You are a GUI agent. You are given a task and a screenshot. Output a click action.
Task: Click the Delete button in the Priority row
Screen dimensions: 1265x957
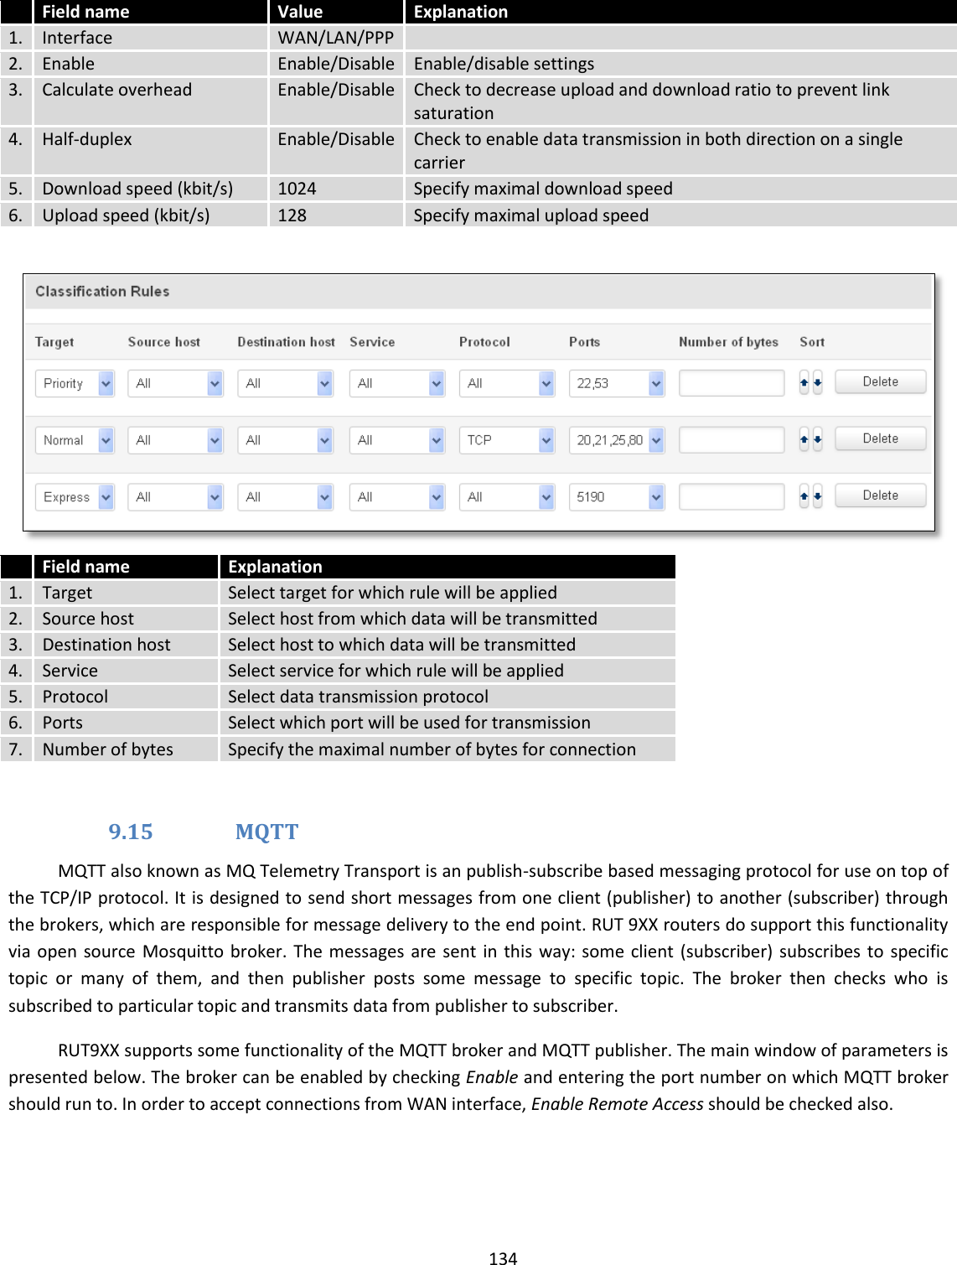click(x=880, y=382)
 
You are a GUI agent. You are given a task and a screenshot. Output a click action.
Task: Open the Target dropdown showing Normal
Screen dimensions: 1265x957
click(x=74, y=440)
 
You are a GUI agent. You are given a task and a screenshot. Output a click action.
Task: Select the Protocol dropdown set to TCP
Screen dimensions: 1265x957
click(x=506, y=440)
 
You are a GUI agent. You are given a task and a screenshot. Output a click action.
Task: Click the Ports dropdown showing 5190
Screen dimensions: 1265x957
click(x=616, y=497)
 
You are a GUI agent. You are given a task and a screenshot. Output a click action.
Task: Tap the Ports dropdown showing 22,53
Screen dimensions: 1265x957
click(x=616, y=383)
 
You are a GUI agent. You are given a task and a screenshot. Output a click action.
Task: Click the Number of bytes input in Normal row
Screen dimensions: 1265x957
click(x=731, y=440)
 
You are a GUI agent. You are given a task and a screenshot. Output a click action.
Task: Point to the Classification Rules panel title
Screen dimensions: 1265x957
click(x=102, y=292)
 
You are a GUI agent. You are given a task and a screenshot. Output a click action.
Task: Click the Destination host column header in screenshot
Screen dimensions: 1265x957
click(x=286, y=342)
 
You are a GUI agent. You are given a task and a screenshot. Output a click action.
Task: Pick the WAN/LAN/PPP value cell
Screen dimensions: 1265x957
click(x=335, y=38)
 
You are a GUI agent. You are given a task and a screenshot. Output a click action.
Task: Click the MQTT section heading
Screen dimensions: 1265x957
click(x=266, y=832)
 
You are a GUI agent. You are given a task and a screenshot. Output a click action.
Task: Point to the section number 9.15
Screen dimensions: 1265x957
click(x=131, y=832)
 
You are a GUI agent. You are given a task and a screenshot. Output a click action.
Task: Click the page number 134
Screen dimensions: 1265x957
click(x=503, y=1257)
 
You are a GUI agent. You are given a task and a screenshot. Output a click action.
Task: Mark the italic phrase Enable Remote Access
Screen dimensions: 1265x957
click(x=617, y=1104)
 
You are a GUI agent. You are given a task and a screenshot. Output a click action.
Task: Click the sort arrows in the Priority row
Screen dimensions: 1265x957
click(x=810, y=383)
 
